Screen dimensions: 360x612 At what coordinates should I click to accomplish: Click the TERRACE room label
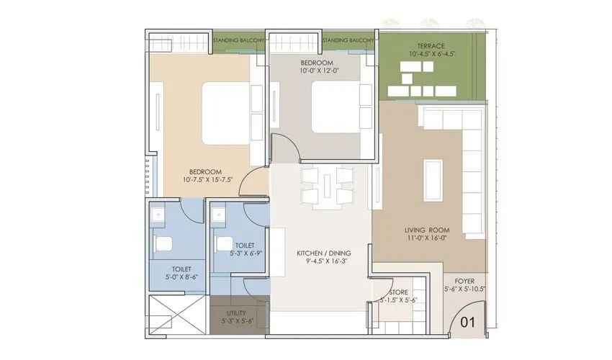pos(430,45)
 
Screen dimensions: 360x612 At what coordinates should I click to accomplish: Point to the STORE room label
pos(398,292)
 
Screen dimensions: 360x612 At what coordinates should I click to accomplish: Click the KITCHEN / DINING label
pos(321,253)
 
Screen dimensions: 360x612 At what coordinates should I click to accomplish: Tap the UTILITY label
pos(236,313)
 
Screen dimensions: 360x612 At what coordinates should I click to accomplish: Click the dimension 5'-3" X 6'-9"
pos(240,253)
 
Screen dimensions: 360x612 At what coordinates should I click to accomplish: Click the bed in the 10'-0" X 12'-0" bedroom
pos(333,106)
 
